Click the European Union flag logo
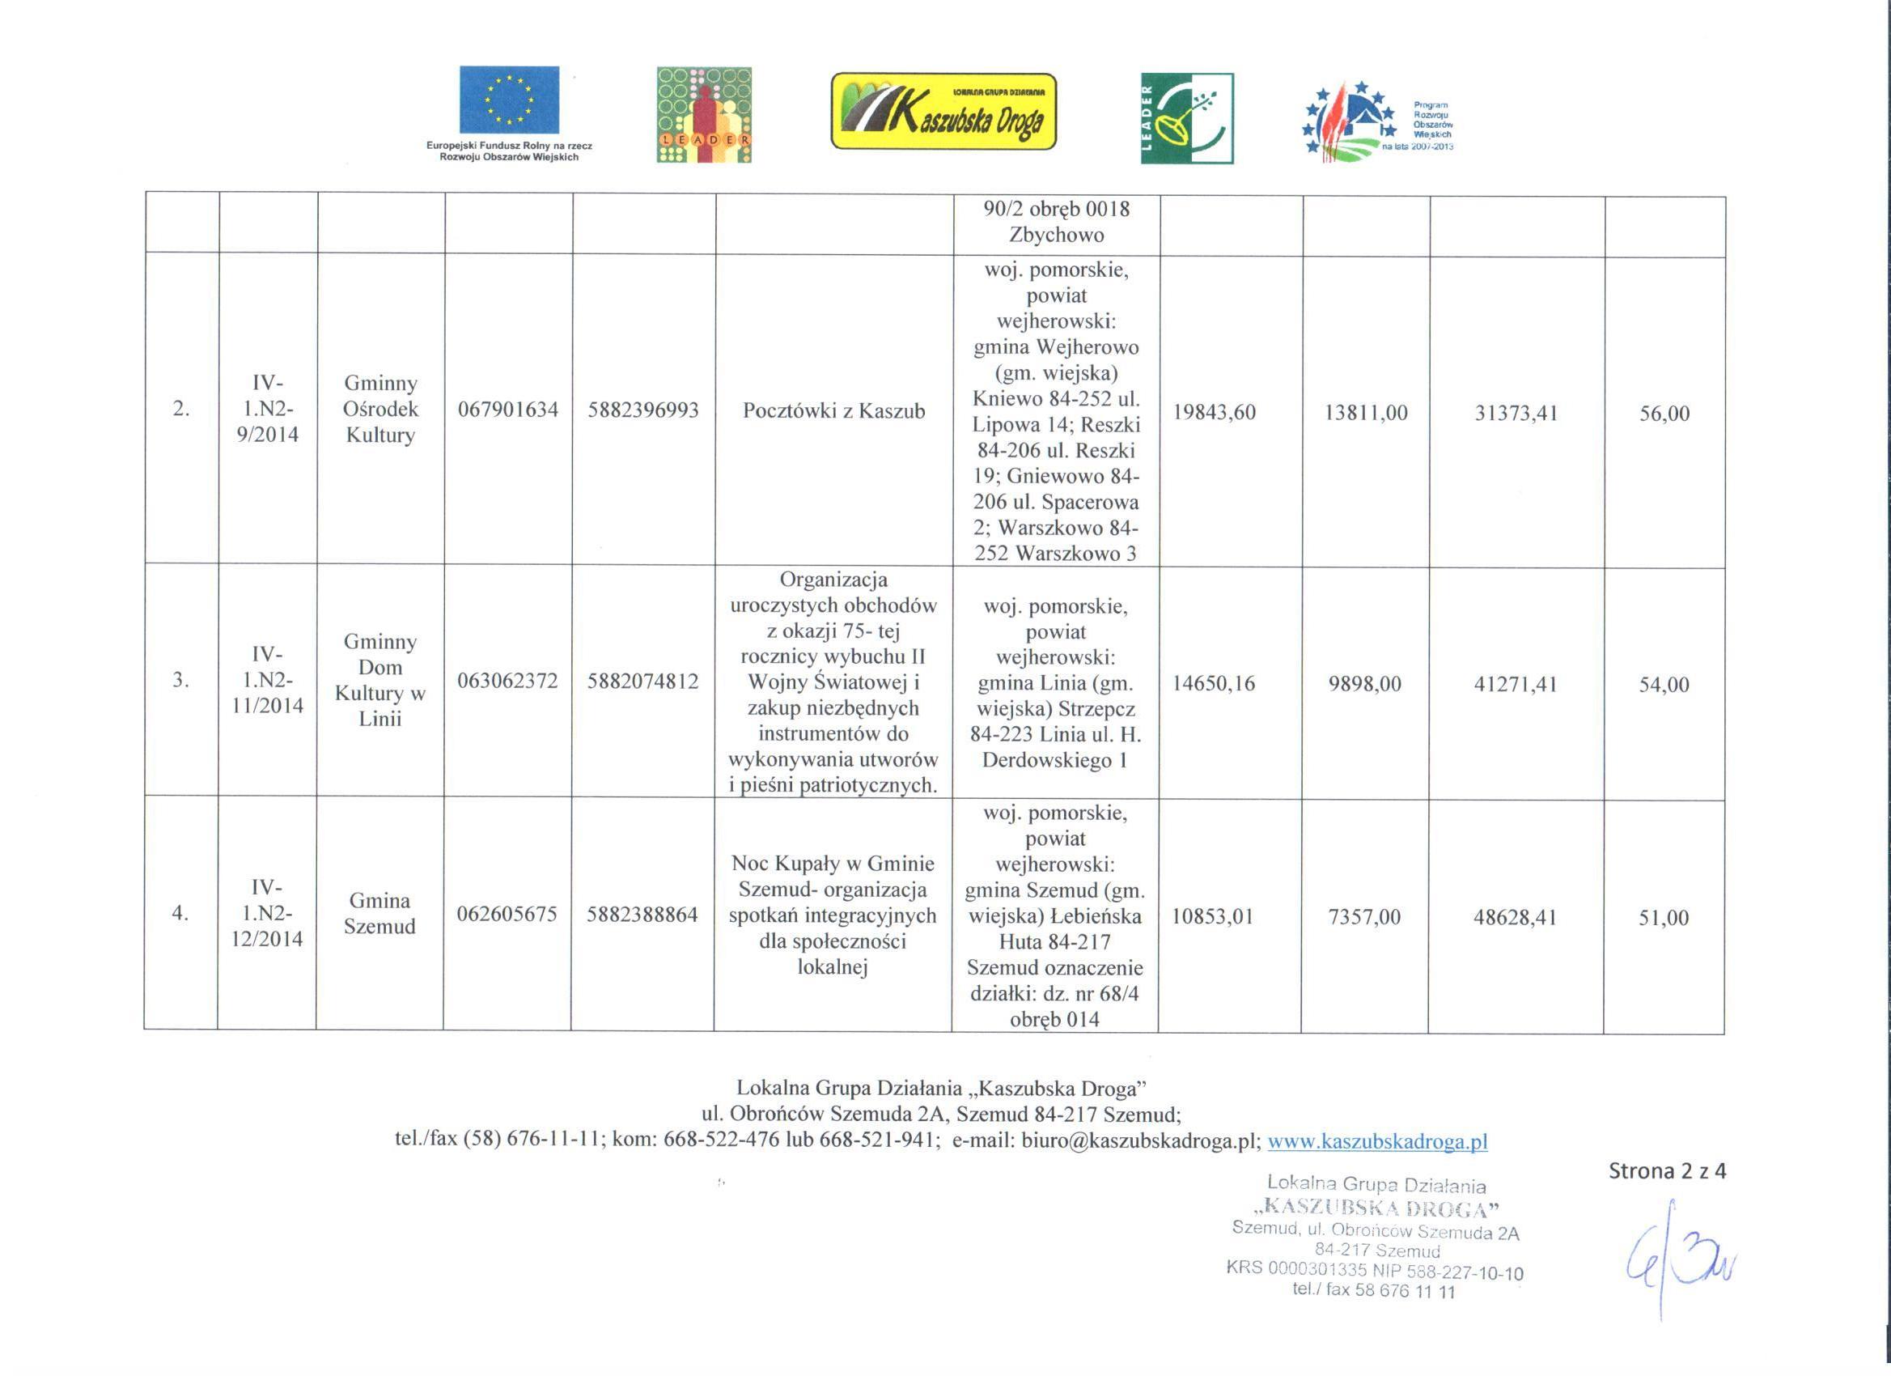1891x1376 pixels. pyautogui.click(x=510, y=100)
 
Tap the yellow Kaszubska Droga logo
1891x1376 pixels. pyautogui.click(x=943, y=111)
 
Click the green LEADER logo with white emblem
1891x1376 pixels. pyautogui.click(x=1186, y=118)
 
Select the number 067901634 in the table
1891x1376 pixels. pyautogui.click(x=508, y=410)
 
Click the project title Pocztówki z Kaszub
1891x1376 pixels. pyautogui.click(x=833, y=411)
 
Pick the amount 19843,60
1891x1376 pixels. pyautogui.click(x=1214, y=413)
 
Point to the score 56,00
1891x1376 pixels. pyautogui.click(x=1664, y=414)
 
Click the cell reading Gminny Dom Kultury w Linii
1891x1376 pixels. pyautogui.click(x=380, y=681)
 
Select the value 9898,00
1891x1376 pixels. pyautogui.click(x=1365, y=684)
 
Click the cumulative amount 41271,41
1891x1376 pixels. pyautogui.click(x=1516, y=685)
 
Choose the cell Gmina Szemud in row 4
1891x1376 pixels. pyautogui.click(x=379, y=913)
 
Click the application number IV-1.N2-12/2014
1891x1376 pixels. pyautogui.click(x=267, y=912)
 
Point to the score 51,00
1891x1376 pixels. pyautogui.click(x=1664, y=918)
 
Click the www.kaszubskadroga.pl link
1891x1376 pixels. pyautogui.click(x=1377, y=1141)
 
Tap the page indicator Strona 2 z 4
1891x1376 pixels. pyautogui.click(x=1667, y=1172)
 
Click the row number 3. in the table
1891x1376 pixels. pyautogui.click(x=180, y=681)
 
